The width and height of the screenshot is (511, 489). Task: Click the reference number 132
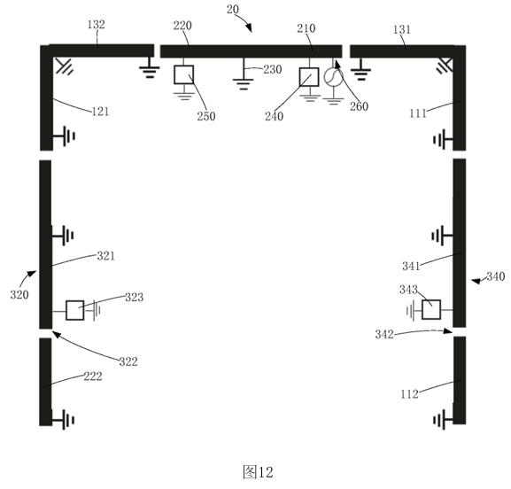coord(97,25)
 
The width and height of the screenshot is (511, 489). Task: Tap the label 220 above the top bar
coord(182,26)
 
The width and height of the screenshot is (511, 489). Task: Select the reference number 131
coord(401,29)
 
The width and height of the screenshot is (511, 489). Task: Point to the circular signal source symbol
coord(333,76)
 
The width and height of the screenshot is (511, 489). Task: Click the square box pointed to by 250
coord(184,74)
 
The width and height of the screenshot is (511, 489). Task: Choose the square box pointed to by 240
coord(309,77)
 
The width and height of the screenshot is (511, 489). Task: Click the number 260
coord(360,106)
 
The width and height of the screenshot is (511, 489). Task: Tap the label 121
coord(100,112)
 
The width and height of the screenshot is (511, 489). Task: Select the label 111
coord(418,113)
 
